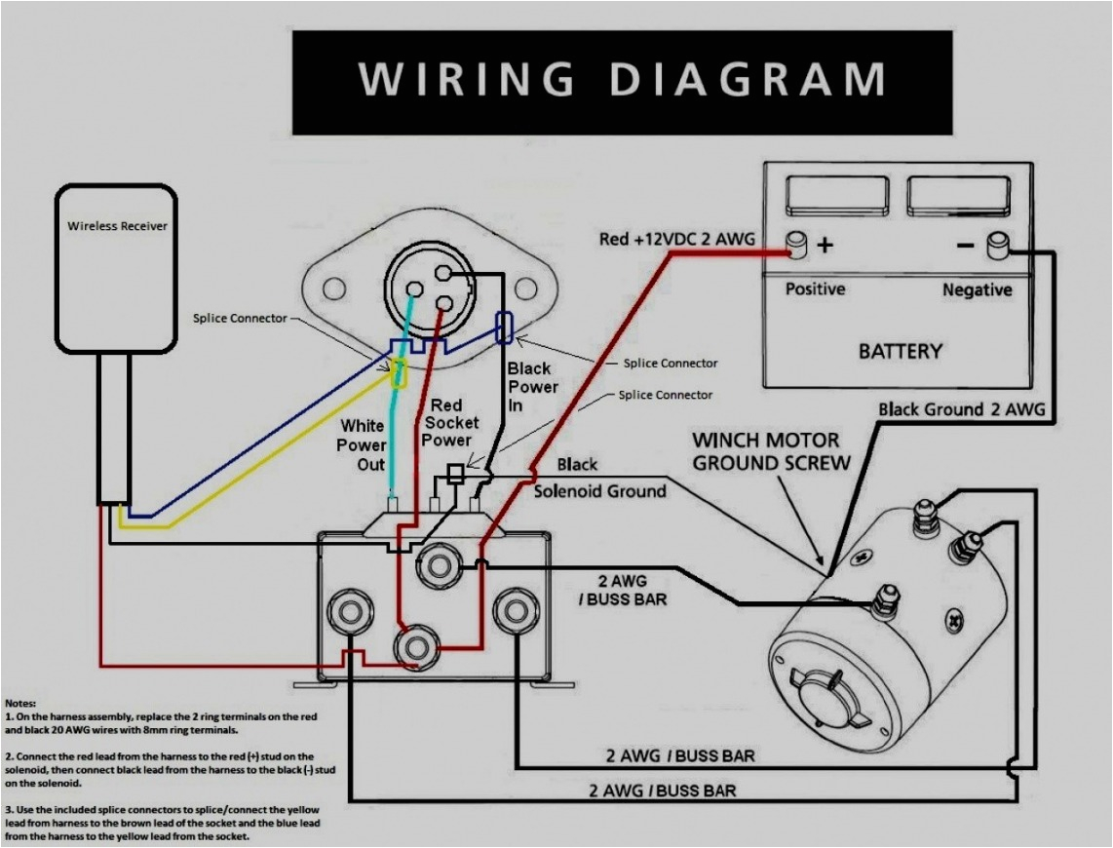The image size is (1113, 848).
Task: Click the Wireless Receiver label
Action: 117,226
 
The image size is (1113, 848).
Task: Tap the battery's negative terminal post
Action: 999,246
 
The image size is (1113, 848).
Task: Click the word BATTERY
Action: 900,351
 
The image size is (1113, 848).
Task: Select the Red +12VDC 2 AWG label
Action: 676,239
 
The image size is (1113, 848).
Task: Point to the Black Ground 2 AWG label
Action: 961,409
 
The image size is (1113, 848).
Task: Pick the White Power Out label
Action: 363,444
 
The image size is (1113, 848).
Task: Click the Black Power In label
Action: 531,387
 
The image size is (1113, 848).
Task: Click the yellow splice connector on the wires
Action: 399,373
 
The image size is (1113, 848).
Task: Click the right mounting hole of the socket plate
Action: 526,289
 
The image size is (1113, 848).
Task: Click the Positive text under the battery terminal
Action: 816,289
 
